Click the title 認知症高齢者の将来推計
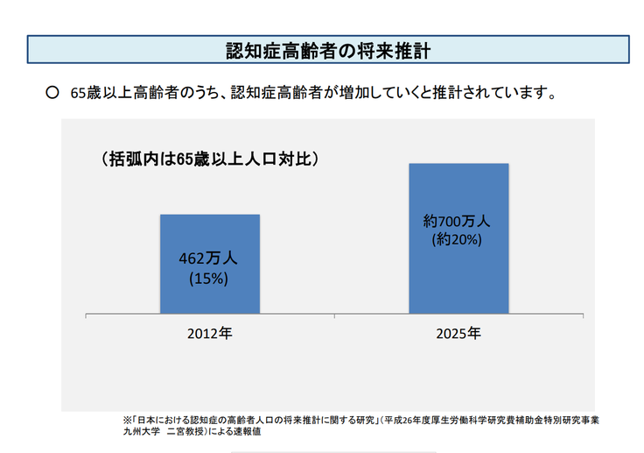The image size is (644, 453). point(328,50)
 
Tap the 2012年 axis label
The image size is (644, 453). point(209,334)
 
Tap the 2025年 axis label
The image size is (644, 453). point(458,334)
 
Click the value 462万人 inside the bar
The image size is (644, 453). point(209,259)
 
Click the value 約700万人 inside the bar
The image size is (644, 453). point(458,220)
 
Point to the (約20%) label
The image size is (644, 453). point(458,238)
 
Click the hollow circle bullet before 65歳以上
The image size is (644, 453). point(52,91)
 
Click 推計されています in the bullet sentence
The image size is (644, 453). point(496,92)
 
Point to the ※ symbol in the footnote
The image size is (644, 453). point(127,420)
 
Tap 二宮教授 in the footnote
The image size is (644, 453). point(188,432)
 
